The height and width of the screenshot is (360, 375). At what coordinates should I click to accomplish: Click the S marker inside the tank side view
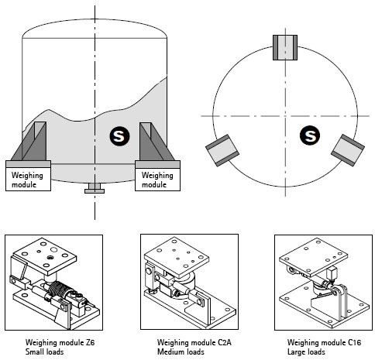119,136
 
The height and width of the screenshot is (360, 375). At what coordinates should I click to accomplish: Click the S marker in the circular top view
310,135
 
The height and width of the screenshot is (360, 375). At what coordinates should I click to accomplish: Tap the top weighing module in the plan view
285,48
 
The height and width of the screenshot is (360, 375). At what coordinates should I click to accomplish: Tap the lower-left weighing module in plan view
222,150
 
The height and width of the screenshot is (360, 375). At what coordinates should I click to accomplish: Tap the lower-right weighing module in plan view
348,150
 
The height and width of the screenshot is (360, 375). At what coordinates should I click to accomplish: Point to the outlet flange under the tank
95,188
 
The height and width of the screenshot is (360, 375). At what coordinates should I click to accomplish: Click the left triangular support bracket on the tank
29,141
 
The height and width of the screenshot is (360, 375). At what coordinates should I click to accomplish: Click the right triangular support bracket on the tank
157,142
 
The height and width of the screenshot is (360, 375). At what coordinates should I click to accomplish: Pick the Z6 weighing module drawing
53,283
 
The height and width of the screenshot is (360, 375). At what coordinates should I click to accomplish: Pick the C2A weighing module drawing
189,282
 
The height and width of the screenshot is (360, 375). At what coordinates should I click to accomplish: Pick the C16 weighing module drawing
323,283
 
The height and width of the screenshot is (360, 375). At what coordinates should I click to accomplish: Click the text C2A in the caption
225,342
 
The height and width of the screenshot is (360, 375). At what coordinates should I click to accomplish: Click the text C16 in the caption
354,342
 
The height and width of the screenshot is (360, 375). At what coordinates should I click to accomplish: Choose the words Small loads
44,351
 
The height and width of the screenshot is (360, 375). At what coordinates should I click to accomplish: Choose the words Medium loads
181,351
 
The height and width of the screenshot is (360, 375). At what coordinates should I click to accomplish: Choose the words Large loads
306,351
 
